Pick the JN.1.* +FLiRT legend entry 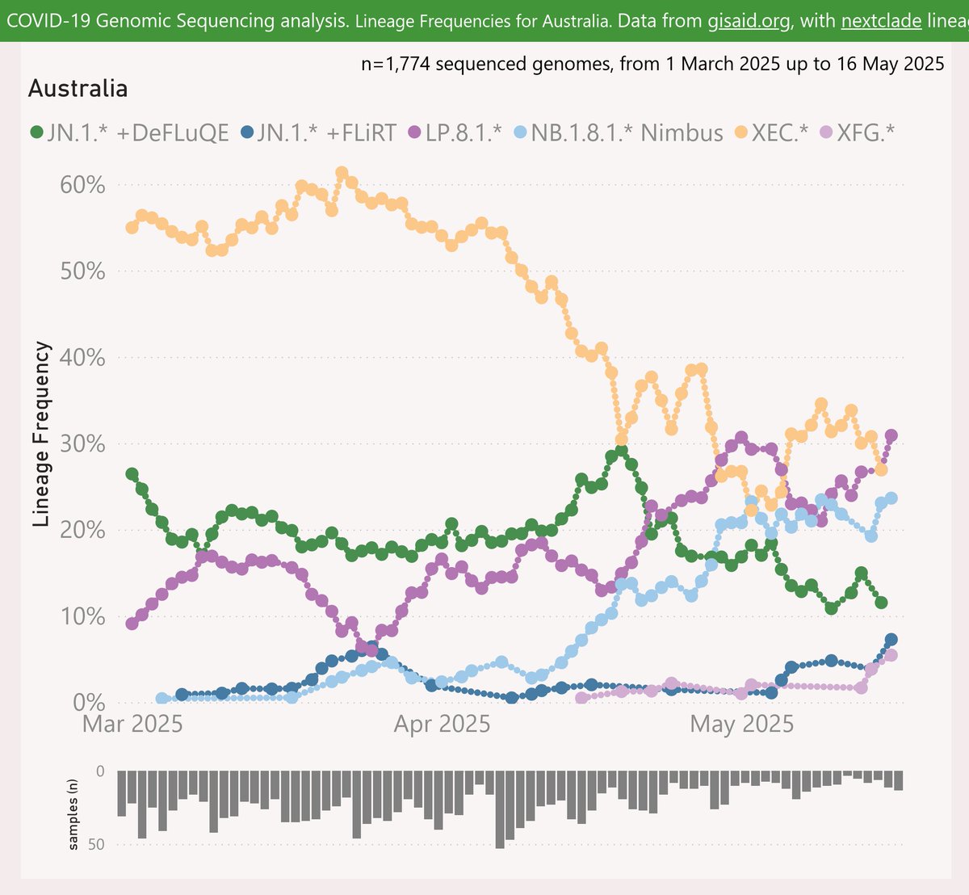[x=319, y=132]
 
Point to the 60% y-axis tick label [x=83, y=185]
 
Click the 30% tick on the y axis [x=83, y=443]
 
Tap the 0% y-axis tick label [x=89, y=702]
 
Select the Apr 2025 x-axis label [x=442, y=724]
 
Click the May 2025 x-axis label [x=741, y=724]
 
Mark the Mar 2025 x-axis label [x=132, y=724]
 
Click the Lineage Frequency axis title [x=43, y=434]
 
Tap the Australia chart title [x=78, y=88]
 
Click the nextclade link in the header [x=880, y=20]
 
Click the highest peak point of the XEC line [x=342, y=173]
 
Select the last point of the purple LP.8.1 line [x=891, y=435]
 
